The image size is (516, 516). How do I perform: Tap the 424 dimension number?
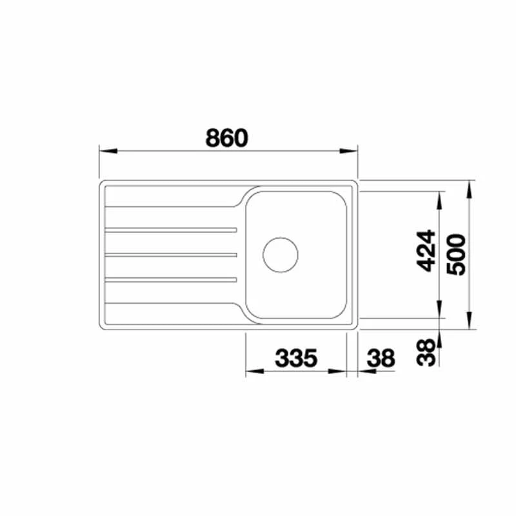(x=426, y=250)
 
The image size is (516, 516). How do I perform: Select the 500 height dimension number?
(x=456, y=254)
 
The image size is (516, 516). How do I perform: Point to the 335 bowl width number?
(x=297, y=358)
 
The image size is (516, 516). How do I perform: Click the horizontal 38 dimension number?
(x=381, y=358)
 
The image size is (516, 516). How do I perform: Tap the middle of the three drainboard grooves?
(x=170, y=255)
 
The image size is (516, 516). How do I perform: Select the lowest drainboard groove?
(x=170, y=280)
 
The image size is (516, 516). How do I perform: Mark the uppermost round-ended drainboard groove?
(x=170, y=230)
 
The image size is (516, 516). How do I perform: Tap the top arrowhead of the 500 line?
(x=470, y=186)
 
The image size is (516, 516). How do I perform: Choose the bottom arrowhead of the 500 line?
(x=470, y=323)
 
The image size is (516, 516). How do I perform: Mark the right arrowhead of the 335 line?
(x=339, y=372)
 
